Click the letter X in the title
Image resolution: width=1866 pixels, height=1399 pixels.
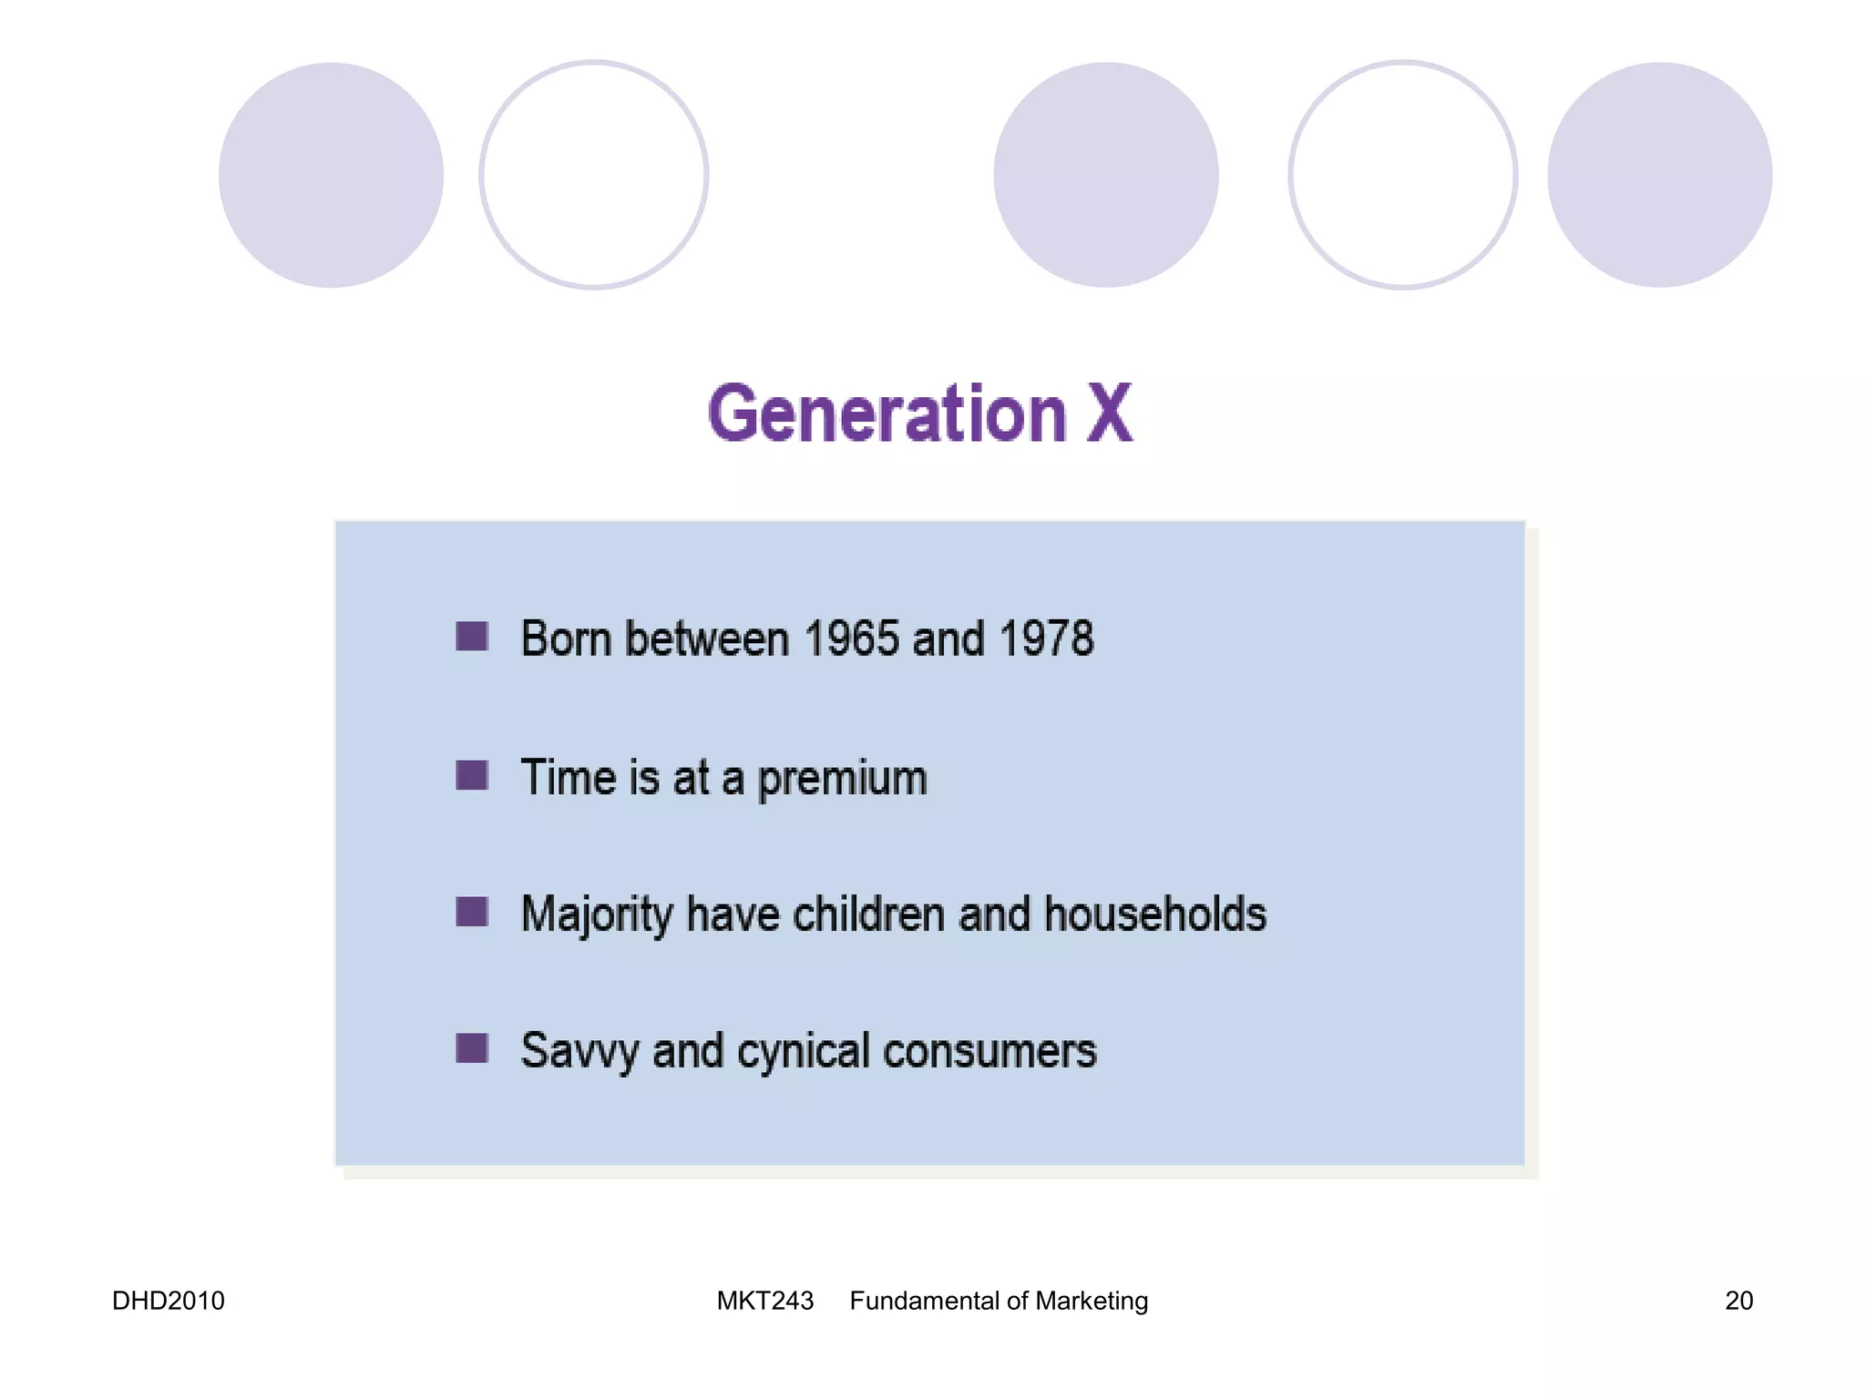(1108, 414)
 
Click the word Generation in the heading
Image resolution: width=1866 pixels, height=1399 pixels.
(887, 414)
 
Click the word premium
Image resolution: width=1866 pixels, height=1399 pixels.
(842, 779)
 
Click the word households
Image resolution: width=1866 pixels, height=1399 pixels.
(1154, 914)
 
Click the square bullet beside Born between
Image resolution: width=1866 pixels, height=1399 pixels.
(472, 637)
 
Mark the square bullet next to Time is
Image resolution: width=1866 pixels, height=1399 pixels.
(472, 776)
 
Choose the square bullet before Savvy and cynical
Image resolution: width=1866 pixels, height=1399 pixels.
(472, 1048)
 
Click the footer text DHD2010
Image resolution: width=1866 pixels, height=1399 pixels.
(168, 1301)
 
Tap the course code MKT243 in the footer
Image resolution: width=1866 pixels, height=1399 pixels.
(764, 1301)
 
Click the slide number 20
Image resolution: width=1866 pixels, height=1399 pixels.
(1738, 1301)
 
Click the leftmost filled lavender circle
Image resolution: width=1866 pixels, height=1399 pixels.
(331, 175)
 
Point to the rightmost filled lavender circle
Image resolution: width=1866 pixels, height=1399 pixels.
(1659, 175)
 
